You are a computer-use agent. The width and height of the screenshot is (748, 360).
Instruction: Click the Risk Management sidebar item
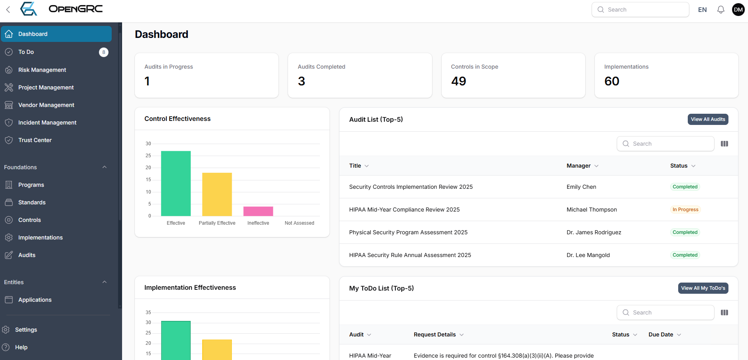[42, 70]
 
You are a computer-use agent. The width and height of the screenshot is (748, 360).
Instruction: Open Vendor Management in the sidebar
[46, 105]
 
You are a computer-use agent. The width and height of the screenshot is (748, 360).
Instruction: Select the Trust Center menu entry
[35, 140]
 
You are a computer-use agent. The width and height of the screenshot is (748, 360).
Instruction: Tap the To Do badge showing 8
[104, 52]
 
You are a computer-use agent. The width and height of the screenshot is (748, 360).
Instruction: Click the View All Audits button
[708, 119]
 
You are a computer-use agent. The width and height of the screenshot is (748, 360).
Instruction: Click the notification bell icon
[720, 10]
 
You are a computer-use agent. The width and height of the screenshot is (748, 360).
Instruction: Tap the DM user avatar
[738, 10]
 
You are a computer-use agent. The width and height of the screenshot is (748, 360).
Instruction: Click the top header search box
[640, 10]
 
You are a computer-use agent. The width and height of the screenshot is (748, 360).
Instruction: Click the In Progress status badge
[685, 210]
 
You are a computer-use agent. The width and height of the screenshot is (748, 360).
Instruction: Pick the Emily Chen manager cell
[581, 187]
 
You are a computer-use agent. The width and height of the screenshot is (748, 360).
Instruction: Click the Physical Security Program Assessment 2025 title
[408, 232]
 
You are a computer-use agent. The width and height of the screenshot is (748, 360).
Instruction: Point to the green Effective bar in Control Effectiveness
[176, 184]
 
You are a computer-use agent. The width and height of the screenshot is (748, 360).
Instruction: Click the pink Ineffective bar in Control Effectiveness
[258, 211]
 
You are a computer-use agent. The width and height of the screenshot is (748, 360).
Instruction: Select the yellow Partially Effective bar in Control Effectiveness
[217, 194]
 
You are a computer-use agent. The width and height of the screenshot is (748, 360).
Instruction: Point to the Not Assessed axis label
[299, 223]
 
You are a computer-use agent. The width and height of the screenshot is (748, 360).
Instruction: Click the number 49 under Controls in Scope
[458, 81]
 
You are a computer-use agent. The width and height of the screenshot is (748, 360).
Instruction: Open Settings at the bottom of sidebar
[26, 330]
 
